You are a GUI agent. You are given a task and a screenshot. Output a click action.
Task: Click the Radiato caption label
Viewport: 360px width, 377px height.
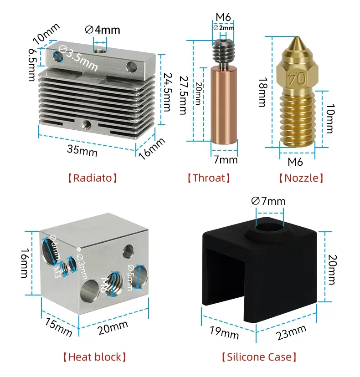point(93,178)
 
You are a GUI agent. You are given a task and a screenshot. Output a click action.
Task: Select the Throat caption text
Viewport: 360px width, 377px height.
point(208,178)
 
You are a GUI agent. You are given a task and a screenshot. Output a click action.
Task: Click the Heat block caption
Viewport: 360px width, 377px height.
point(94,357)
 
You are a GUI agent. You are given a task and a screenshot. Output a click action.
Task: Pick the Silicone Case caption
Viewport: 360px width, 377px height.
point(259,357)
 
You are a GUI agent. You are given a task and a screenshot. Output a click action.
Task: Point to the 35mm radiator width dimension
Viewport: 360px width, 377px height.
point(82,150)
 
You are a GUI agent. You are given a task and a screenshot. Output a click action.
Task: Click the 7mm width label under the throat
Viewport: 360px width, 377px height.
point(226,160)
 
